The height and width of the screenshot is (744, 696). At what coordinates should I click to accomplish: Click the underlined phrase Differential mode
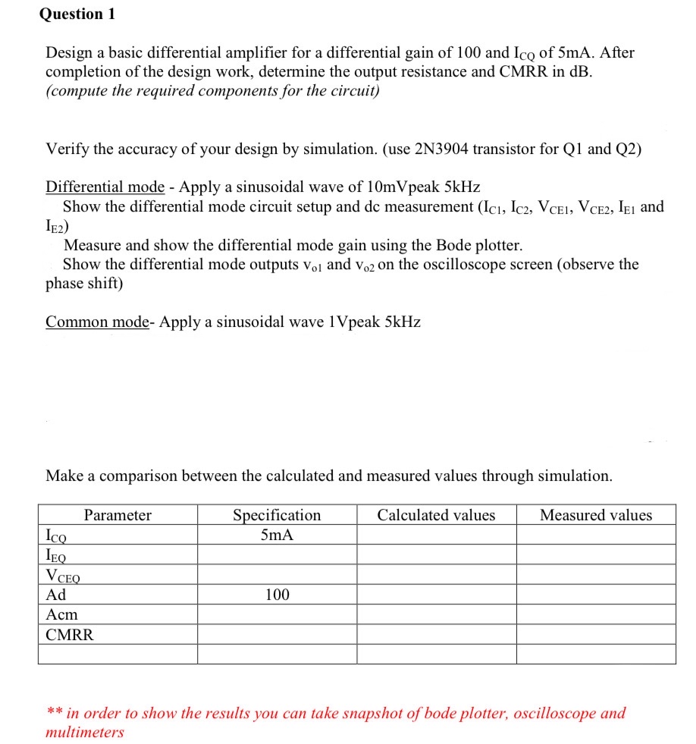tap(105, 187)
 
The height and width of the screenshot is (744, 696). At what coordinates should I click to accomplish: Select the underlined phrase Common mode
tap(98, 322)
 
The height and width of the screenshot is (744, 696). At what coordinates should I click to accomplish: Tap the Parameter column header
tap(118, 516)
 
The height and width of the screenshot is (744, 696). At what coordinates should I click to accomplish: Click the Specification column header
tap(277, 516)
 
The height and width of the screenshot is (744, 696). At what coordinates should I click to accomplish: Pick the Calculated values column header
tap(436, 516)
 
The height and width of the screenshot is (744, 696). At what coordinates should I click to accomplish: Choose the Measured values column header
tap(596, 516)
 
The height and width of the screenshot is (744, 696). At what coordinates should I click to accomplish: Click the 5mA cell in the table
tap(277, 535)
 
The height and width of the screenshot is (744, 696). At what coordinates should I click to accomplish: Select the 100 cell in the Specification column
tap(277, 595)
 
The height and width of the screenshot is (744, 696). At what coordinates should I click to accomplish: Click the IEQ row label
tap(57, 555)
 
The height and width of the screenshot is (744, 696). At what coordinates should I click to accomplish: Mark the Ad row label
tap(56, 595)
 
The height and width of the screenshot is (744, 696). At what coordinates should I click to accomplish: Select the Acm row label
tap(61, 614)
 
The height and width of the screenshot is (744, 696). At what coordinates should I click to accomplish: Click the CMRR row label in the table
tap(70, 635)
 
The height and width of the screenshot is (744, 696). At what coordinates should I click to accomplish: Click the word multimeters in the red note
tap(85, 733)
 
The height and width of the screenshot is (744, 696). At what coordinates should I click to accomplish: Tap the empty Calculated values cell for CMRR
tap(436, 635)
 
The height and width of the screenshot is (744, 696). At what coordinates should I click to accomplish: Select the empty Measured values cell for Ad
tap(596, 595)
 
